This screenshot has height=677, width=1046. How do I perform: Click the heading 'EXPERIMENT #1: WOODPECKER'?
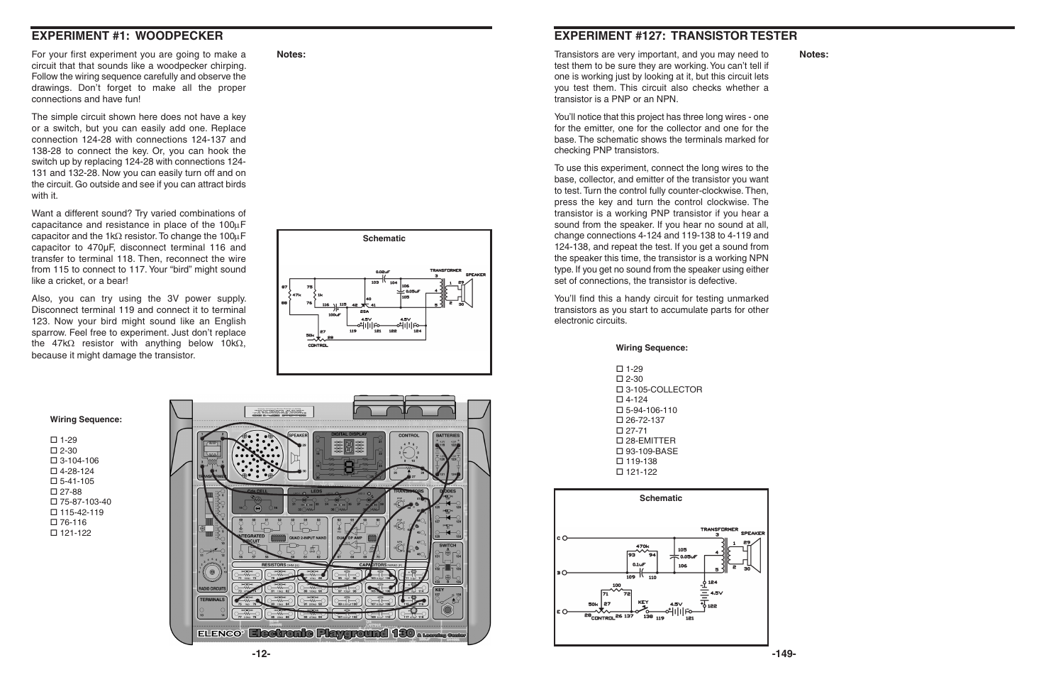127,35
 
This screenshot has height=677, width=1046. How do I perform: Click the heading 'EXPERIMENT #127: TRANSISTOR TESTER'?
675,35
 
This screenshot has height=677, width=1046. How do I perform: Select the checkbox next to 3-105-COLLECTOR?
619,390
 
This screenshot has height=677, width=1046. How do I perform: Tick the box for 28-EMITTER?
619,441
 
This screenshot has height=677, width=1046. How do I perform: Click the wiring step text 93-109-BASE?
651,451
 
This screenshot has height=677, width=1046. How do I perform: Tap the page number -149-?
784,654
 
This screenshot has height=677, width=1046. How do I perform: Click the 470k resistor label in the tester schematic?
642,547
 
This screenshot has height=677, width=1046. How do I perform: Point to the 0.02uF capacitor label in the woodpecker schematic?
383,272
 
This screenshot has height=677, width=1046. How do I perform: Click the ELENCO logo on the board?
220,634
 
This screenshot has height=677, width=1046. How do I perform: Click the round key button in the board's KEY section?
447,609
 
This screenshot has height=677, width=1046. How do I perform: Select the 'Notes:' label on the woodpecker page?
291,55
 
